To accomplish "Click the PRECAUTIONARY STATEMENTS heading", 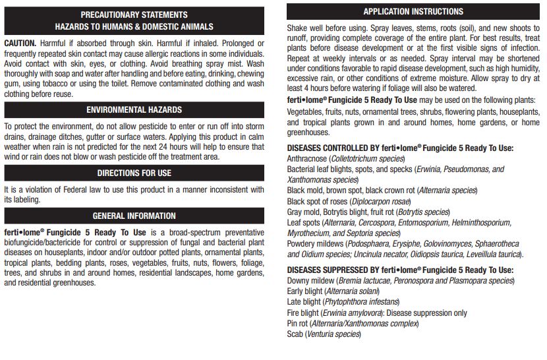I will [134, 15].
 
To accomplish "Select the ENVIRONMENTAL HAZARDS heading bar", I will [134, 110].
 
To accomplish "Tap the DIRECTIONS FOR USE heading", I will [134, 173].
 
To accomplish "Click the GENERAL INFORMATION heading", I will [134, 216].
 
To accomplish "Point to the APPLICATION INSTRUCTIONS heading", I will [413, 12].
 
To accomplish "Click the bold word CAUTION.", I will [20, 43].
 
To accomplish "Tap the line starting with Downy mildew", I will [400, 281].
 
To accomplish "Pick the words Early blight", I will [304, 291].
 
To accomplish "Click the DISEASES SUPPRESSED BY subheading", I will [400, 270].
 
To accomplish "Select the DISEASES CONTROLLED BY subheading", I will [400, 148].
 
